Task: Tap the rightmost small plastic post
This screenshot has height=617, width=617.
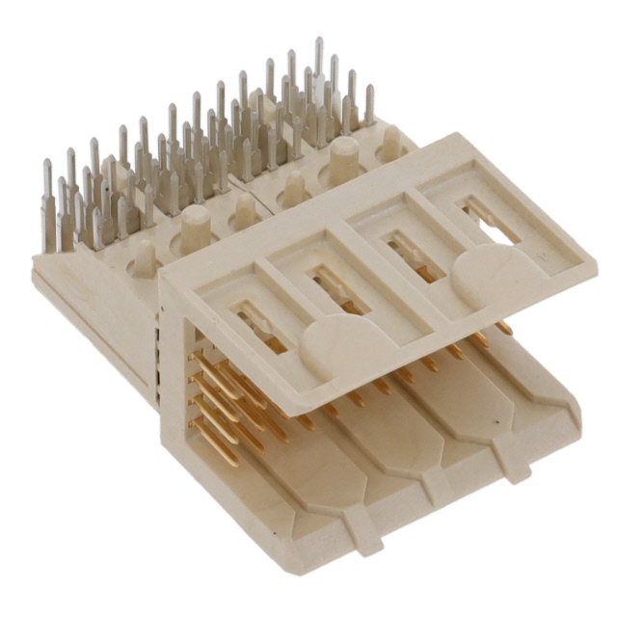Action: [391, 142]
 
